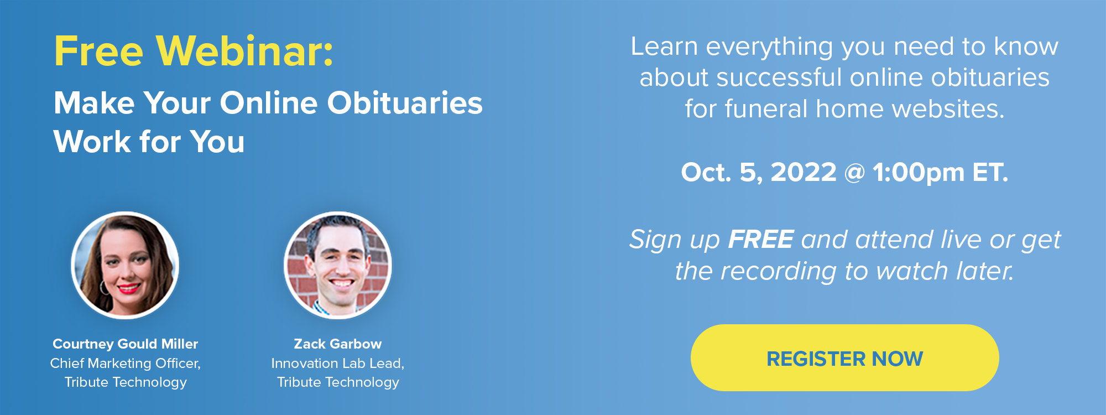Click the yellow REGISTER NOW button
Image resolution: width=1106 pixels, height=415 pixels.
(844, 358)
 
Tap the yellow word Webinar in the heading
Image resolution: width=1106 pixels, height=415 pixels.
(244, 51)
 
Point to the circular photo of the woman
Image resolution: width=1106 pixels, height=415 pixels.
(125, 266)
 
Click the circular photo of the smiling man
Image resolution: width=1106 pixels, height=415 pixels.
(337, 266)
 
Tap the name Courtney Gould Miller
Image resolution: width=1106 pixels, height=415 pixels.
(125, 344)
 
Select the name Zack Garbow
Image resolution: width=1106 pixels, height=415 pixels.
(337, 344)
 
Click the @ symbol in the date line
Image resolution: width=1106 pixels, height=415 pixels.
(854, 173)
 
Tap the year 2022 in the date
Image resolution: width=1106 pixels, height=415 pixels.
(804, 172)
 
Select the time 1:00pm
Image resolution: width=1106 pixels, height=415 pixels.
(919, 173)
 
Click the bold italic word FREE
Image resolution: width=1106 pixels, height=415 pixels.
(761, 240)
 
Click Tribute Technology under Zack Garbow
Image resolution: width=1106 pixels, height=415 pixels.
(338, 382)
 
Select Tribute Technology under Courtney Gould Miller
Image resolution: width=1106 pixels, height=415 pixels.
(126, 382)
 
